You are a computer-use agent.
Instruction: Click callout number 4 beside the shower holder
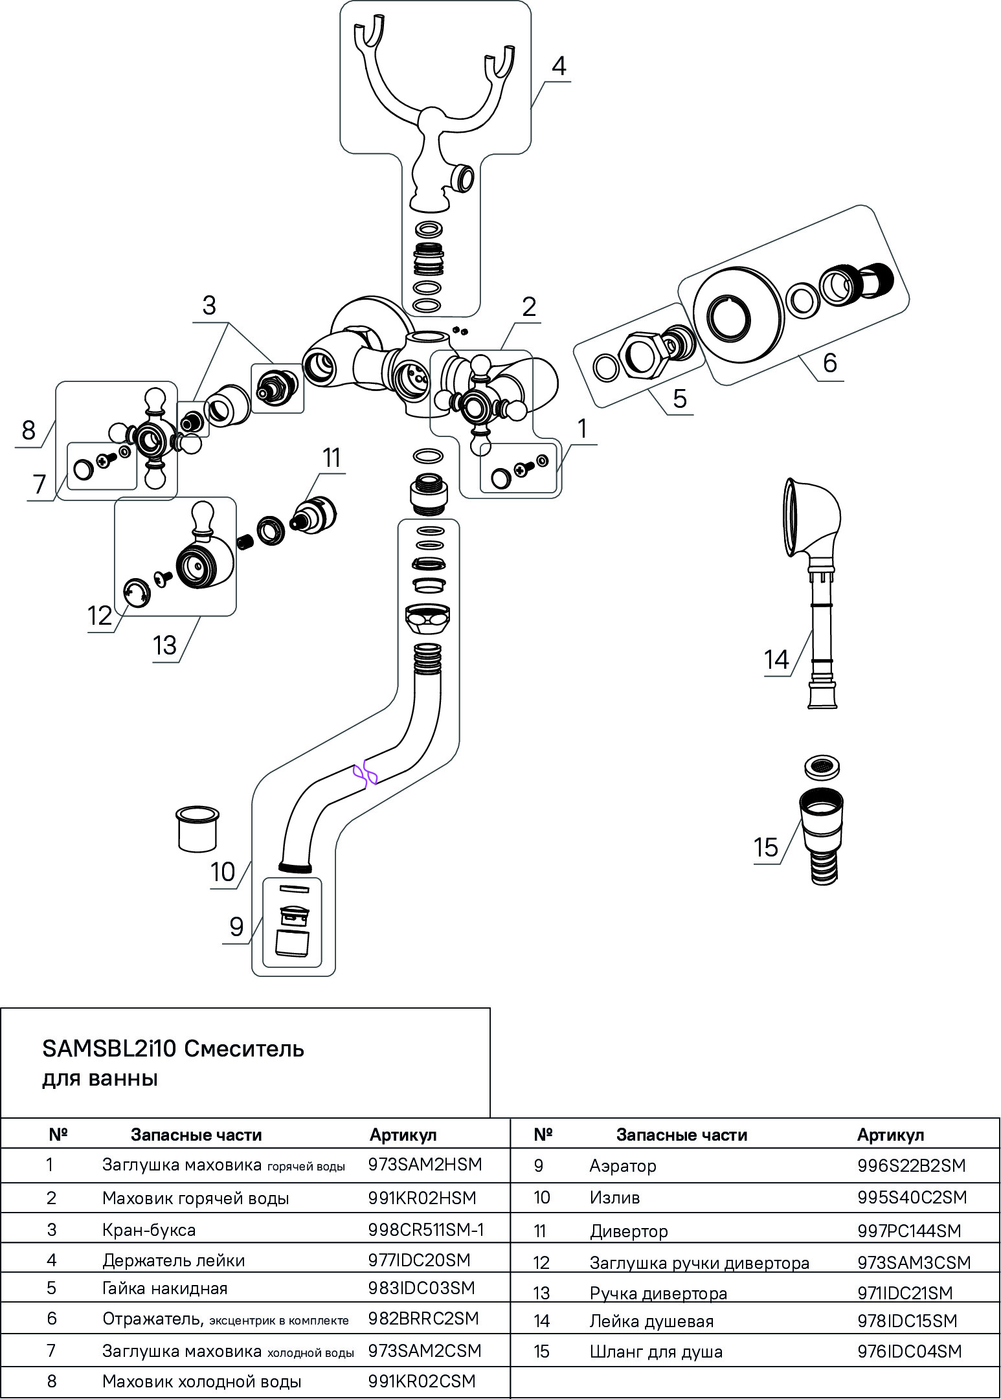tap(559, 66)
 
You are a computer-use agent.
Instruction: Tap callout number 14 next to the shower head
tap(776, 660)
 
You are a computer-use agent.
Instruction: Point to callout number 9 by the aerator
tap(236, 927)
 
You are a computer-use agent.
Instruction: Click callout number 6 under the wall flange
tap(830, 363)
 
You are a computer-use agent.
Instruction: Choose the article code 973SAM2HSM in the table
tap(425, 1164)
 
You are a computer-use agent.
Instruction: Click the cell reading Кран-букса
tap(149, 1230)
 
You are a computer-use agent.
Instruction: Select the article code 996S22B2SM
tap(911, 1165)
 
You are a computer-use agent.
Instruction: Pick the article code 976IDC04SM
tap(909, 1351)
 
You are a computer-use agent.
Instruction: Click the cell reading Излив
tap(614, 1198)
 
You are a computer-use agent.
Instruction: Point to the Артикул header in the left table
tap(403, 1134)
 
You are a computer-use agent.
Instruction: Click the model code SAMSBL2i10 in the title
tap(109, 1048)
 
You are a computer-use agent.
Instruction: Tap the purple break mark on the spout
tap(365, 773)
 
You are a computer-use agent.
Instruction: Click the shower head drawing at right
tap(812, 518)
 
